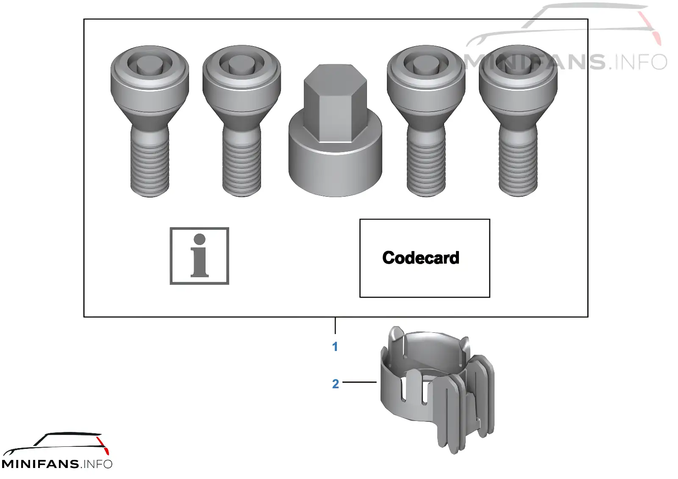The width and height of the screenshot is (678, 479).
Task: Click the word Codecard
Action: click(421, 258)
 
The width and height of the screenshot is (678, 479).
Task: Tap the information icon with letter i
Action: click(199, 256)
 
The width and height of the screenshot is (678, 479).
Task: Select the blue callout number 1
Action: click(335, 347)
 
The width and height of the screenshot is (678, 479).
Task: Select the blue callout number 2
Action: click(335, 384)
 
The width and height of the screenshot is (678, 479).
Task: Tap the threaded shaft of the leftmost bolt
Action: click(150, 164)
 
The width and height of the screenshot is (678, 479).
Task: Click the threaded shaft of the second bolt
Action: click(242, 164)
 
